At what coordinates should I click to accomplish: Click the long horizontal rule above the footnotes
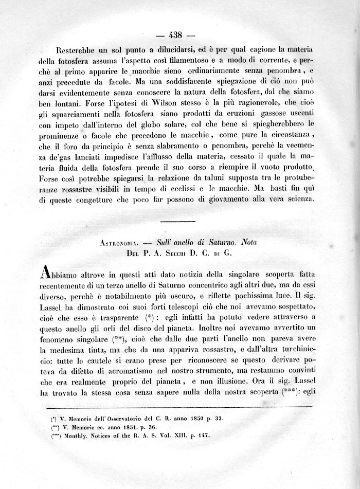pos(182,408)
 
